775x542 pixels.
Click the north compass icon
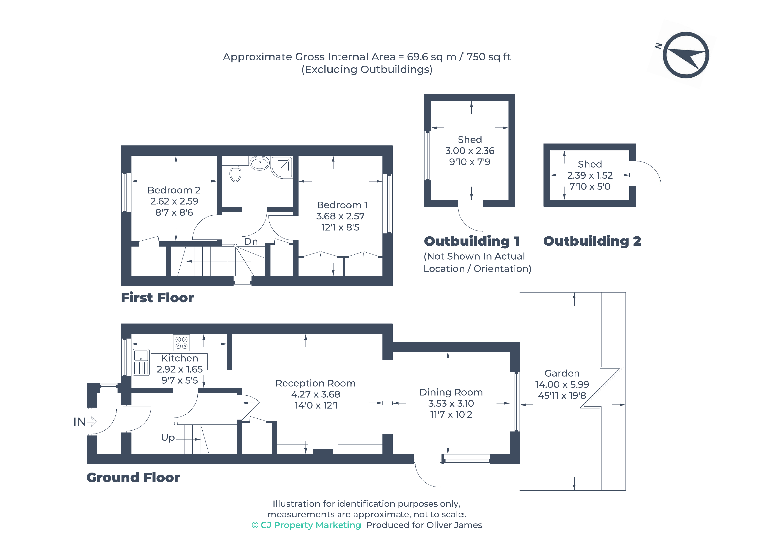[x=686, y=55]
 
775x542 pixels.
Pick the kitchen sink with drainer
[x=141, y=363]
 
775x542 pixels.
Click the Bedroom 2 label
[x=174, y=190]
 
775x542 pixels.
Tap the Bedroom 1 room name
[x=342, y=205]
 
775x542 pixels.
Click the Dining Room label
[x=451, y=392]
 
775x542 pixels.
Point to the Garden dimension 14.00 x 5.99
[x=562, y=384]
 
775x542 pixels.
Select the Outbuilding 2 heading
[x=592, y=241]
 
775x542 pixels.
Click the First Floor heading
[x=157, y=298]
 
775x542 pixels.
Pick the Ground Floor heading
[x=133, y=478]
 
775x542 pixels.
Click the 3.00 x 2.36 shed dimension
[x=469, y=151]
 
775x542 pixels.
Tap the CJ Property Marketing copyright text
[x=306, y=525]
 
